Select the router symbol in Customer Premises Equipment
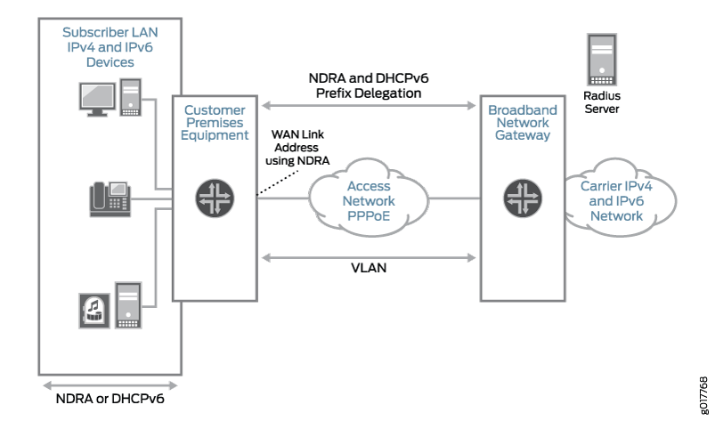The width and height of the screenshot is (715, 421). click(215, 198)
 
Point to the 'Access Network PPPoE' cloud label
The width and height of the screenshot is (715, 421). click(370, 201)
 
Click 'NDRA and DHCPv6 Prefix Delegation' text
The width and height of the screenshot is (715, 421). click(368, 85)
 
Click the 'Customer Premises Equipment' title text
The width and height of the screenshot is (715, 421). click(215, 123)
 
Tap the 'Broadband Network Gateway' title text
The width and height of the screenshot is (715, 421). click(523, 123)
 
